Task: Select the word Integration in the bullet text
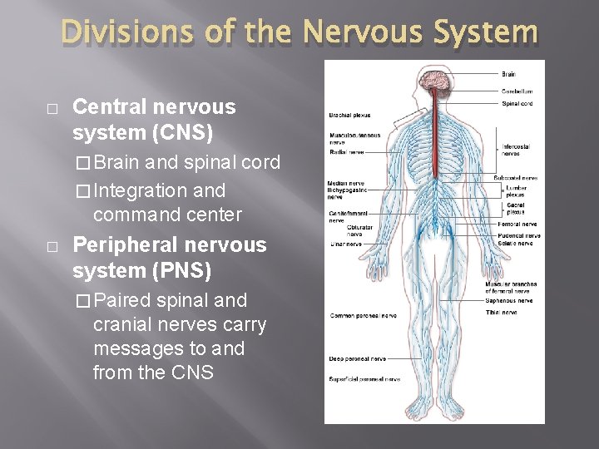pyautogui.click(x=140, y=190)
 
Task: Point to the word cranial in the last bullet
pyautogui.click(x=132, y=323)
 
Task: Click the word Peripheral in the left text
pyautogui.click(x=126, y=245)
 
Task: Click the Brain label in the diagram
pyautogui.click(x=508, y=75)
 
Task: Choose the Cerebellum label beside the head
pyautogui.click(x=517, y=91)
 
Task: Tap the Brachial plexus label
pyautogui.click(x=350, y=115)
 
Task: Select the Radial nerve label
pyautogui.click(x=347, y=152)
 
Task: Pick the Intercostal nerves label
pyautogui.click(x=516, y=150)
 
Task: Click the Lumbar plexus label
pyautogui.click(x=516, y=191)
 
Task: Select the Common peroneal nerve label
pyautogui.click(x=363, y=315)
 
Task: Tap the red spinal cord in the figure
pyautogui.click(x=433, y=150)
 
